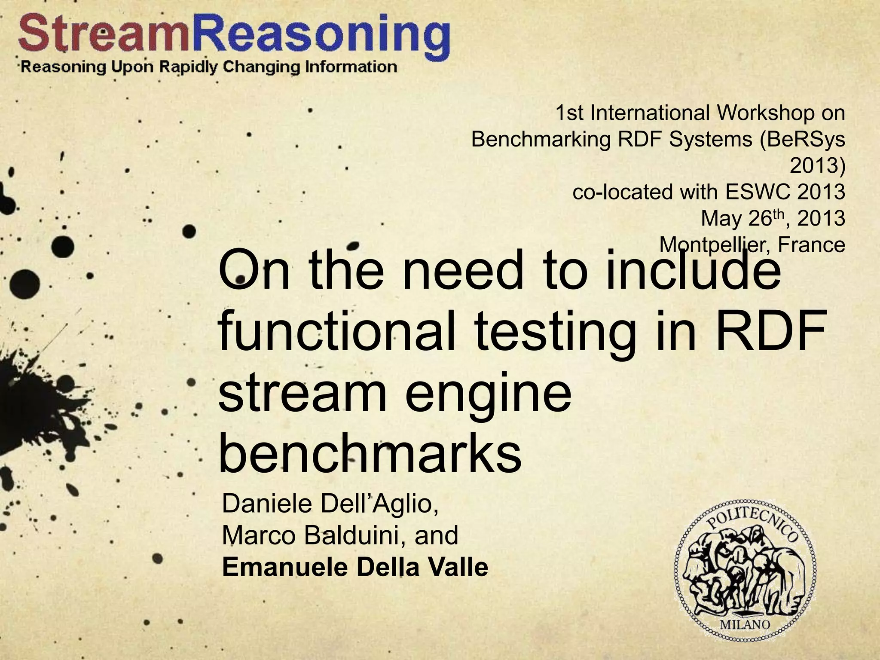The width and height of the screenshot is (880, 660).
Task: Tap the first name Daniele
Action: pyautogui.click(x=267, y=504)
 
